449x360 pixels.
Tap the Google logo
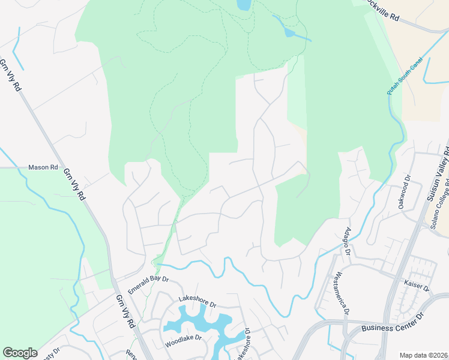(x=20, y=353)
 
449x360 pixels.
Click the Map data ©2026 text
(x=424, y=355)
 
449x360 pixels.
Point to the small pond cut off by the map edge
(x=244, y=5)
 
